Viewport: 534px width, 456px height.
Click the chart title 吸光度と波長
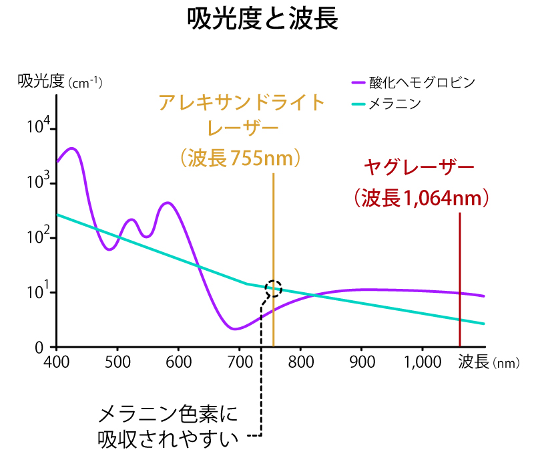[262, 20]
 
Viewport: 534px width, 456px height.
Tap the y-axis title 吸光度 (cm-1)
[60, 82]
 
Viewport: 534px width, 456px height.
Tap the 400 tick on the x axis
[57, 362]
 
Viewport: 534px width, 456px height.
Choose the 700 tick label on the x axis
[239, 362]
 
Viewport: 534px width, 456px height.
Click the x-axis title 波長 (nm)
[488, 362]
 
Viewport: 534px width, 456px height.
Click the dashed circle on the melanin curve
[273, 288]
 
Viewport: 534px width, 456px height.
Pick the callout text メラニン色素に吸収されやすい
[167, 426]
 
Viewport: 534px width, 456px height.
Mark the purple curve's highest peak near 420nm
[72, 148]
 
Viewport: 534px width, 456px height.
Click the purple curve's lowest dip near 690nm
[234, 329]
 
